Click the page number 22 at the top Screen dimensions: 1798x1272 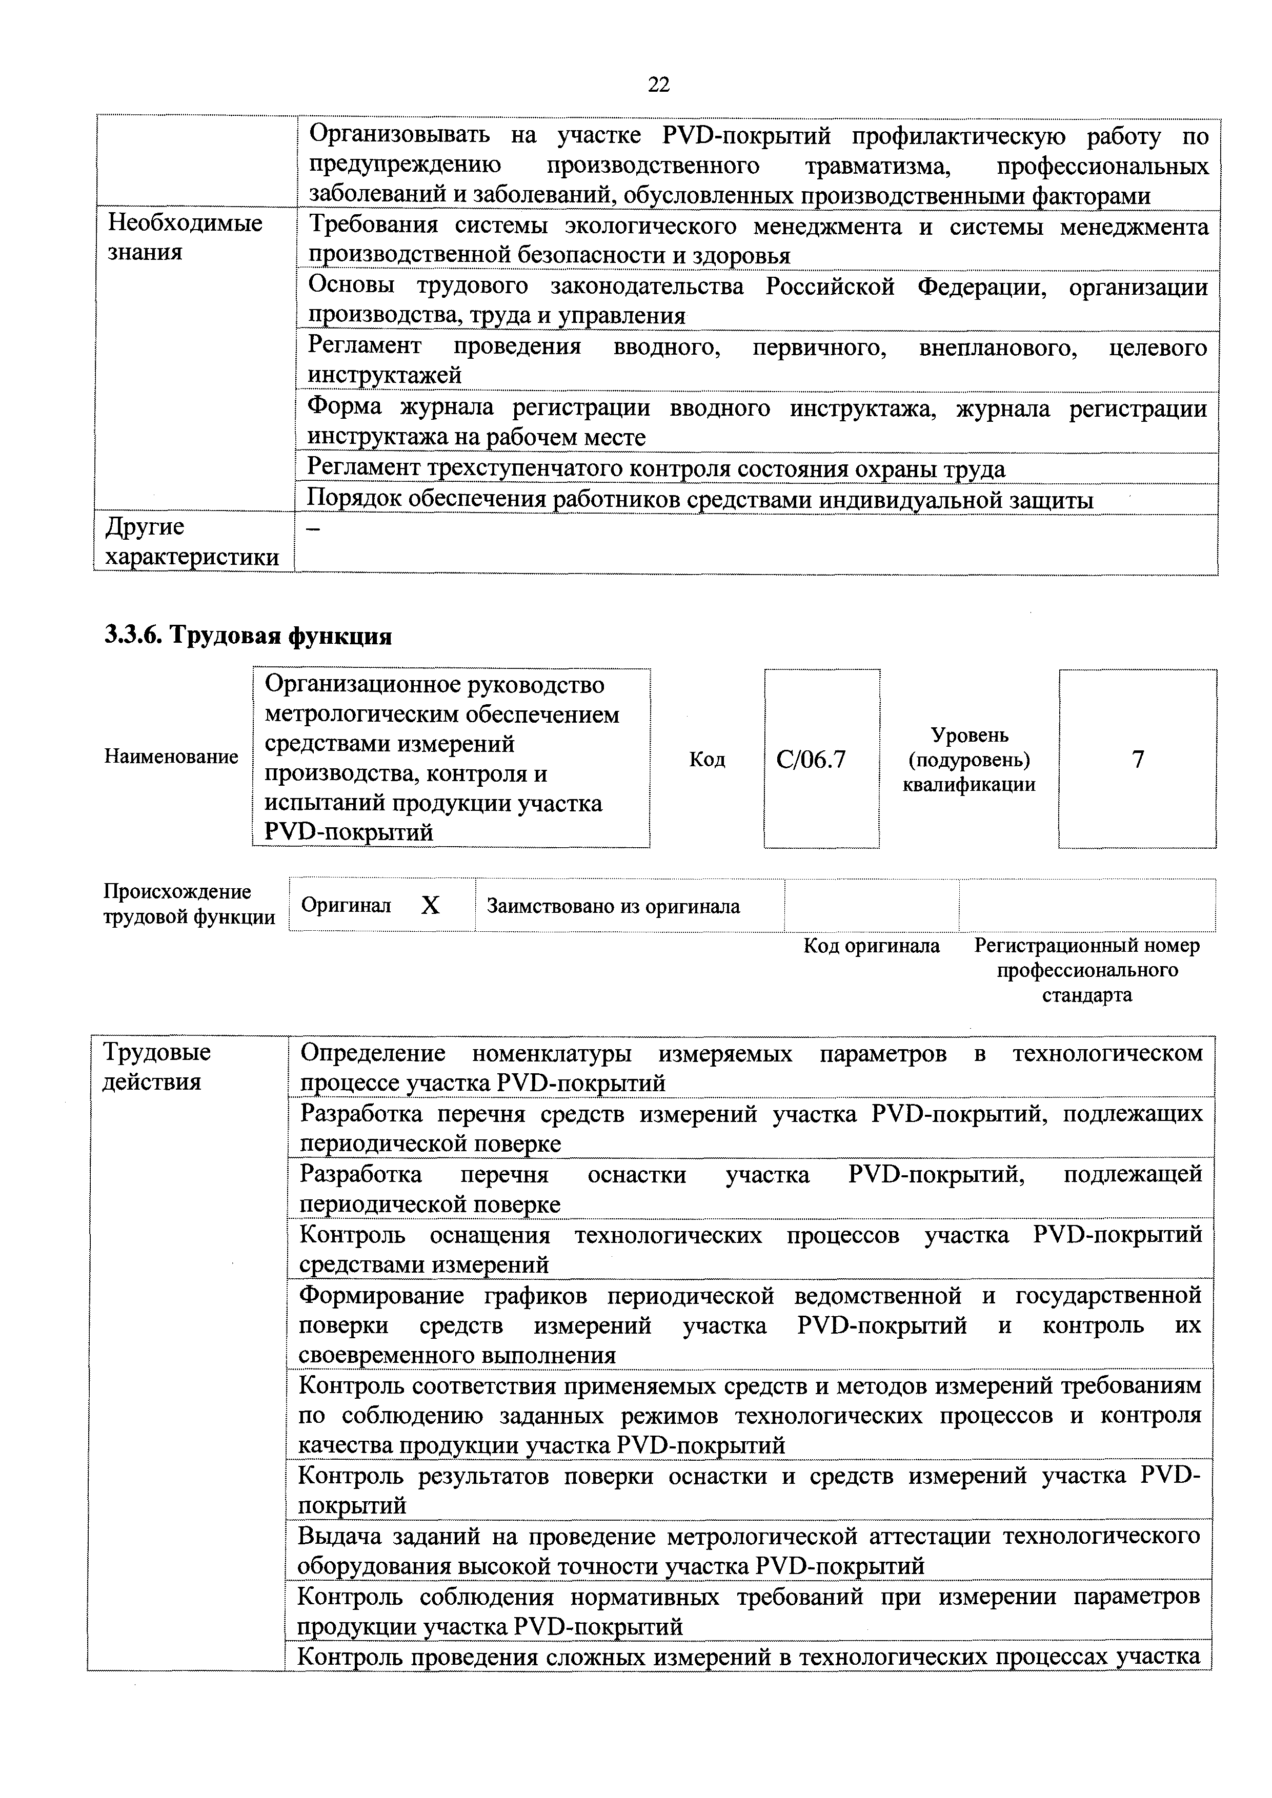tap(659, 84)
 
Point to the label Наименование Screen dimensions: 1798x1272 tap(171, 757)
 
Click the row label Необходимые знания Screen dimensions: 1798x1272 tap(185, 237)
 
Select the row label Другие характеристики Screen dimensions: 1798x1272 tap(192, 542)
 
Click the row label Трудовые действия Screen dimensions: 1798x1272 tap(157, 1067)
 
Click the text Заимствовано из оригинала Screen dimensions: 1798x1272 tap(613, 907)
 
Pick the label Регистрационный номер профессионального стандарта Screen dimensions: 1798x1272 tap(1086, 970)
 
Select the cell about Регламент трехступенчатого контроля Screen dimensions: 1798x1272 tap(656, 468)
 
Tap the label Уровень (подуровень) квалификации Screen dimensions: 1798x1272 tap(969, 760)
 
